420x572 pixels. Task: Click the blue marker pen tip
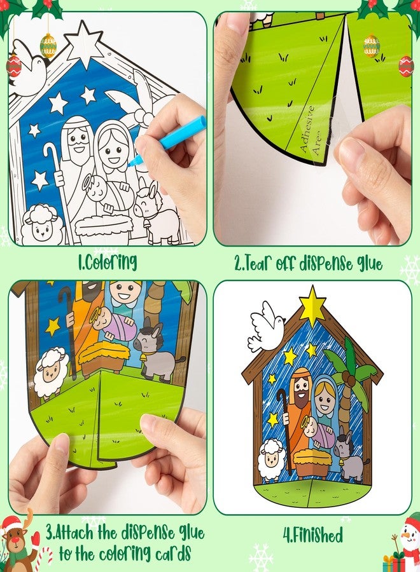click(x=132, y=163)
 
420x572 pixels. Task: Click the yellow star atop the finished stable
click(x=312, y=305)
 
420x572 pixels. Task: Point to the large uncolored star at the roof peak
click(x=85, y=44)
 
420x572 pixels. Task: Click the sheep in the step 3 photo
click(x=50, y=372)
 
